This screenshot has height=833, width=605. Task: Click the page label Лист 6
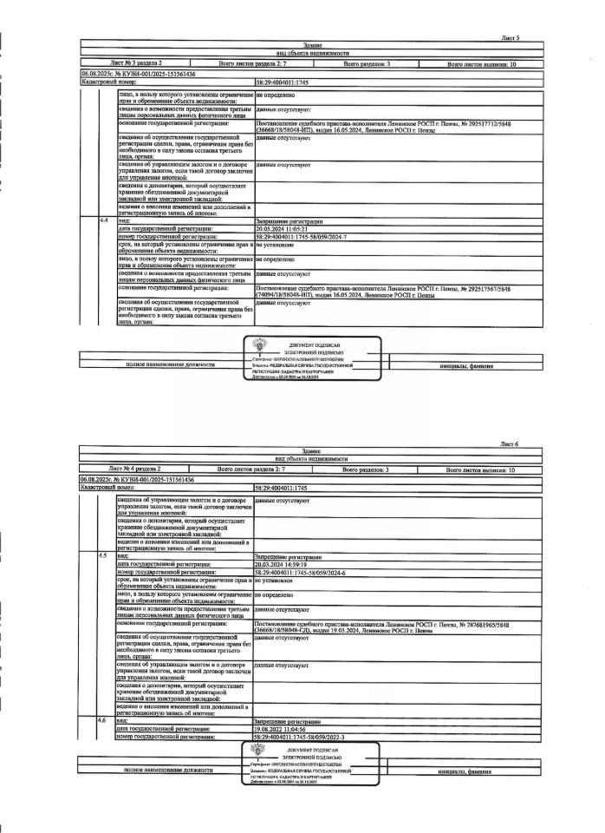510,443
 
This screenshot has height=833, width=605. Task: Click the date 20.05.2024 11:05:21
282,228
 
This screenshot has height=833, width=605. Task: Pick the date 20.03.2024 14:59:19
282,566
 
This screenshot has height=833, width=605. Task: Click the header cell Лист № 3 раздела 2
138,64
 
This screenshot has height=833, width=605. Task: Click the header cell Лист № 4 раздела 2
138,469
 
